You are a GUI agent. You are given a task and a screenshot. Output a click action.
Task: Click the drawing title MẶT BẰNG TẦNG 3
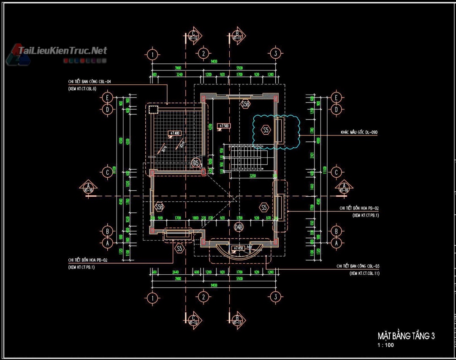(406, 336)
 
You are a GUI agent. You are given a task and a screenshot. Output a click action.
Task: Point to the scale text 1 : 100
(385, 345)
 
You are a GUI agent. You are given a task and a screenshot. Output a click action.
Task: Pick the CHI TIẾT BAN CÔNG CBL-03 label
(358, 266)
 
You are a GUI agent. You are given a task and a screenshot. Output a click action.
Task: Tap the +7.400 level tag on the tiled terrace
(174, 133)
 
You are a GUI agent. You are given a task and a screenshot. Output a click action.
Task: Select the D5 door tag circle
(196, 162)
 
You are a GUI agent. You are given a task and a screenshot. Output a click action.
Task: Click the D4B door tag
(239, 227)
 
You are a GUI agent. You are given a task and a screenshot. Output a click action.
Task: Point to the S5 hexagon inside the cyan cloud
(266, 130)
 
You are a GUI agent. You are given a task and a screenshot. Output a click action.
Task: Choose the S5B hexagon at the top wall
(245, 103)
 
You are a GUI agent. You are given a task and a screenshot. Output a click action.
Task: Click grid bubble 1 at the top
(152, 54)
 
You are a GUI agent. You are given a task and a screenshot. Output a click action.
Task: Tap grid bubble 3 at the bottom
(275, 297)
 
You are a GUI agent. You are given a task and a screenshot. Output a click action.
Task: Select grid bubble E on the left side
(107, 98)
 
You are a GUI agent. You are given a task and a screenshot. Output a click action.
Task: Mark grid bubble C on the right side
(336, 172)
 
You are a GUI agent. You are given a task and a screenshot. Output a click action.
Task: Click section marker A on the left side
(89, 187)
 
